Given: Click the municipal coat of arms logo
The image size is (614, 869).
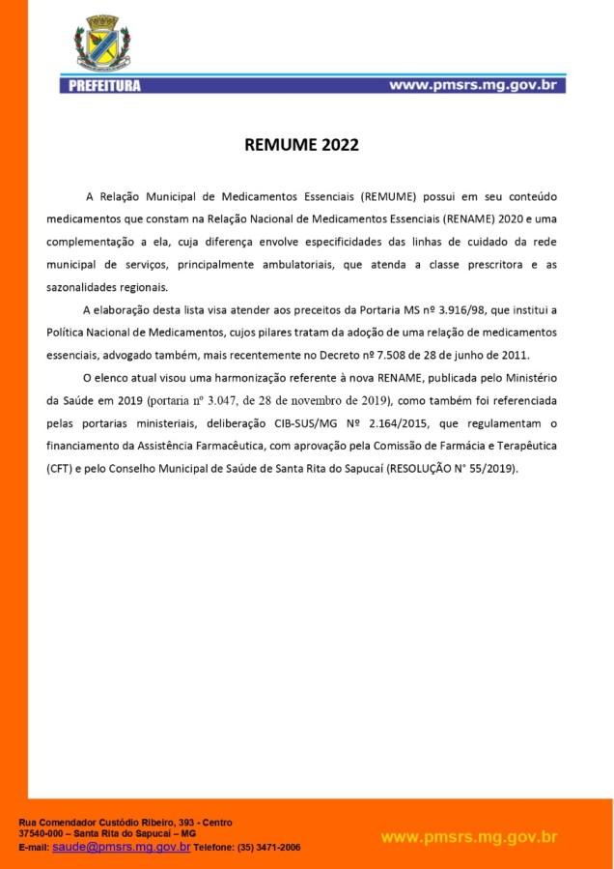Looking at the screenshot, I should (x=102, y=44).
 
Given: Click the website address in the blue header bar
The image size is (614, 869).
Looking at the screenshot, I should (x=473, y=85).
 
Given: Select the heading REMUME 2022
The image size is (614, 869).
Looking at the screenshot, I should (x=301, y=146).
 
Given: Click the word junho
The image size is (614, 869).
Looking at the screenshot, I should (x=471, y=354).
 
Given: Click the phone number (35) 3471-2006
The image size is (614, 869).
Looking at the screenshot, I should (x=268, y=847).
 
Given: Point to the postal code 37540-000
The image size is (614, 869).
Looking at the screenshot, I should (x=41, y=833).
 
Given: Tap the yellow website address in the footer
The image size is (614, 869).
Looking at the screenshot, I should (x=469, y=836).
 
